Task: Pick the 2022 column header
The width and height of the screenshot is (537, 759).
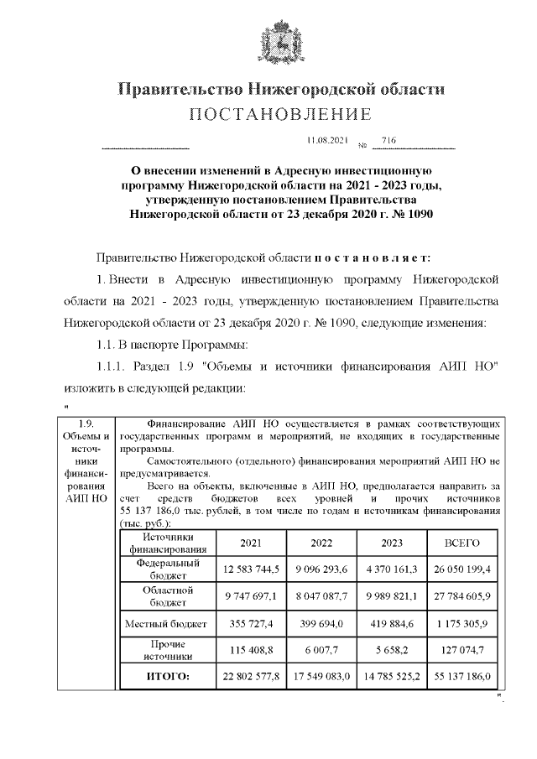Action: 321,543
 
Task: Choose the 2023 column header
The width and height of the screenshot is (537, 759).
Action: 392,543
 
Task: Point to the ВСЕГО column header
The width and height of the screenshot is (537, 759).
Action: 461,543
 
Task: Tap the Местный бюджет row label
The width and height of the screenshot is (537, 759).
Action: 168,624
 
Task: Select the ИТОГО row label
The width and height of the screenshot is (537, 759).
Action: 168,675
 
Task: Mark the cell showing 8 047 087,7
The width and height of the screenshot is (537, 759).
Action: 321,596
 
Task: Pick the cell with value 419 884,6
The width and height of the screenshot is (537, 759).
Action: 392,624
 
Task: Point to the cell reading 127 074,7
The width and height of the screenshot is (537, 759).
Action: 461,650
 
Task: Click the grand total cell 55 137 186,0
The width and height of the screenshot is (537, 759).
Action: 461,675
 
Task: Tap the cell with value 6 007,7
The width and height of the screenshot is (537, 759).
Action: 321,650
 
